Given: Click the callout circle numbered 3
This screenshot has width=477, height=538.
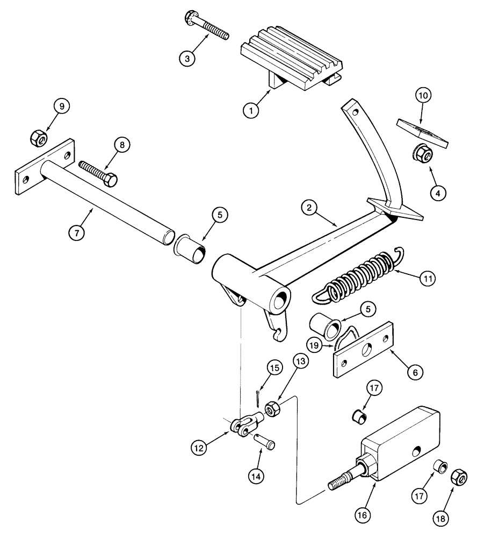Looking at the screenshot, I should (x=186, y=58).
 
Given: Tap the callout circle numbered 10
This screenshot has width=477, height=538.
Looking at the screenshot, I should (x=422, y=97).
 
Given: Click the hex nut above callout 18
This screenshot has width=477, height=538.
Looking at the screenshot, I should (x=459, y=476).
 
